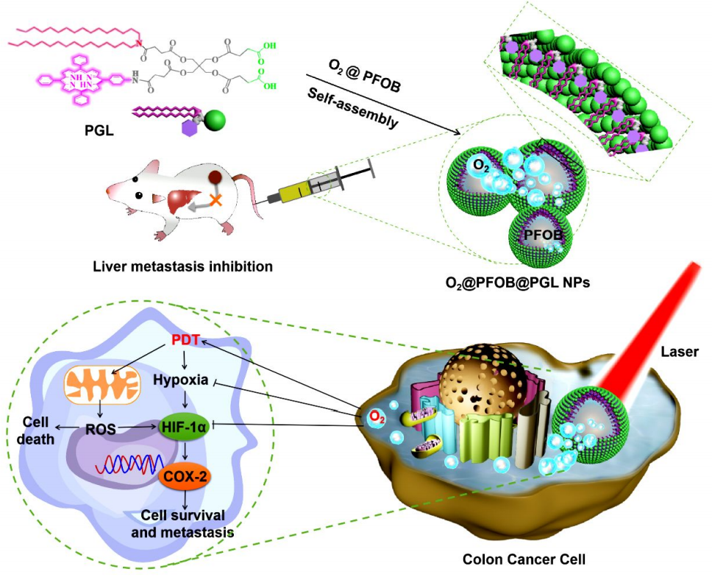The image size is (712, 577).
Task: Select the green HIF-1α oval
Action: (x=182, y=425)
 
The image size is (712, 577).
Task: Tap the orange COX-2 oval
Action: (x=184, y=476)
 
